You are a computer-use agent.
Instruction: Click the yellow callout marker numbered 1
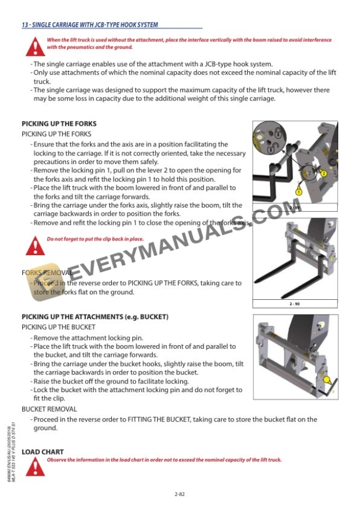298,192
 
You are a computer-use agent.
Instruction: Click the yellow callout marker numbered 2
323,173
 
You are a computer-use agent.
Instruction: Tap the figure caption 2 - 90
295,303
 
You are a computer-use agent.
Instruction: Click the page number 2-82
180,494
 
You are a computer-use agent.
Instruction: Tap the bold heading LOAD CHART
42,452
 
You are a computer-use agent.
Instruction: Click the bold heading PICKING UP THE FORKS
59,124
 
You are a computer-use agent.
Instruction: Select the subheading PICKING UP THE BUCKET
58,327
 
